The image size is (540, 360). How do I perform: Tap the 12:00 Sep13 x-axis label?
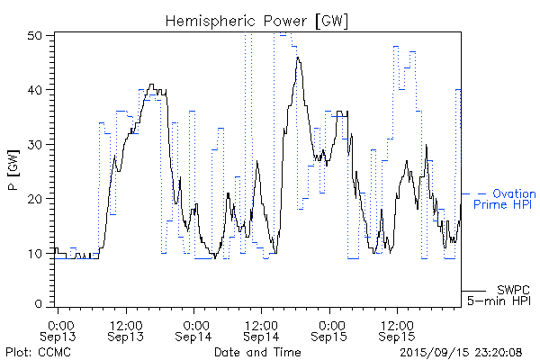tap(126, 329)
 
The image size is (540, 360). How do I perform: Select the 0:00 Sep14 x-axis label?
tap(194, 329)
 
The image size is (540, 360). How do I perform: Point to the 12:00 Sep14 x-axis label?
tap(261, 329)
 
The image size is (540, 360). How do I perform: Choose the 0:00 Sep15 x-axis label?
tap(329, 329)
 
